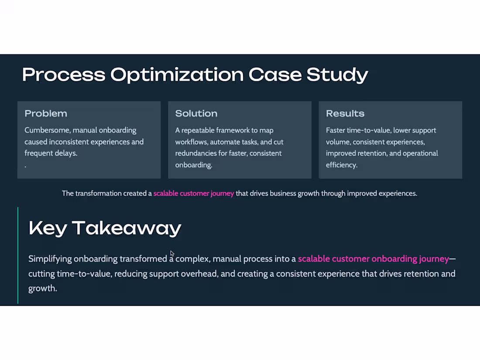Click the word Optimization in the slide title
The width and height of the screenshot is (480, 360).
177,75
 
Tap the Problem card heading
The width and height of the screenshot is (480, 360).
46,113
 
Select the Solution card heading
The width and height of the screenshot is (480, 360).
196,113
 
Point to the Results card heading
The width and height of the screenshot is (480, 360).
345,113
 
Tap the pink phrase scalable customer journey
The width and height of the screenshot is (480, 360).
193,193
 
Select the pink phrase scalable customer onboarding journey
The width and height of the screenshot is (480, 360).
373,259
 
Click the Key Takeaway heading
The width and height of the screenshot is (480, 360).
105,228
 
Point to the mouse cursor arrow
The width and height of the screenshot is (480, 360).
172,253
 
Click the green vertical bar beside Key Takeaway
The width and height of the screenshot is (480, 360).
18,255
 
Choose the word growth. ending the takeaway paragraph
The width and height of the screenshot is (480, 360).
42,288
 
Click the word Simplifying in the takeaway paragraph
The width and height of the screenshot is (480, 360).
50,259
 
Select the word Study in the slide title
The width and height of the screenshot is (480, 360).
337,75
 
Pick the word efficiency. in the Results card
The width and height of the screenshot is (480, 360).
342,165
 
